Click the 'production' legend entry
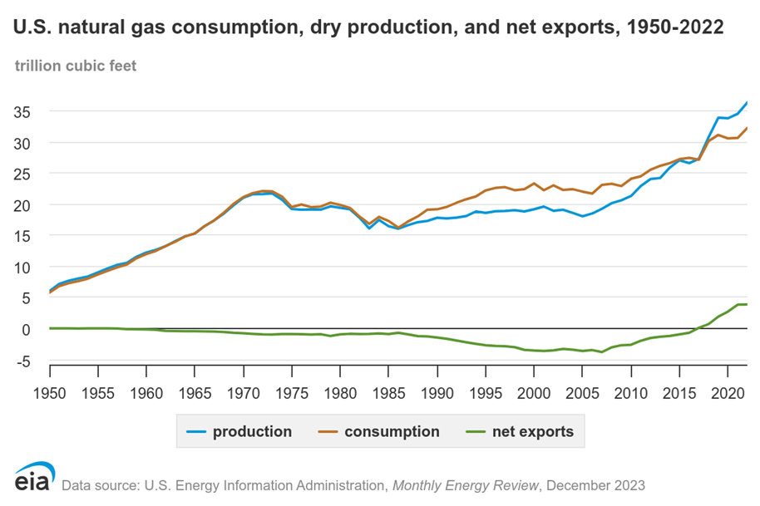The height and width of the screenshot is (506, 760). [x=236, y=431]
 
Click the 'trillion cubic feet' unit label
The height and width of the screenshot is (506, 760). [x=76, y=65]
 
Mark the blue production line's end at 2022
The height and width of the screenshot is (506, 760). [x=747, y=103]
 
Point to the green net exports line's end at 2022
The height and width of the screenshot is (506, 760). [x=747, y=304]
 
